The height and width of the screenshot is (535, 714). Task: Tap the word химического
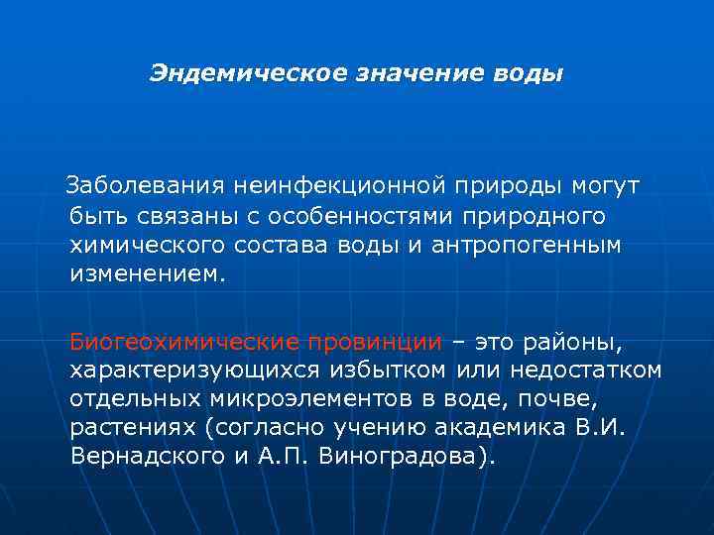pyautogui.click(x=148, y=245)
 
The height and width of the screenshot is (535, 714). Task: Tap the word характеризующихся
pyautogui.click(x=178, y=371)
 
